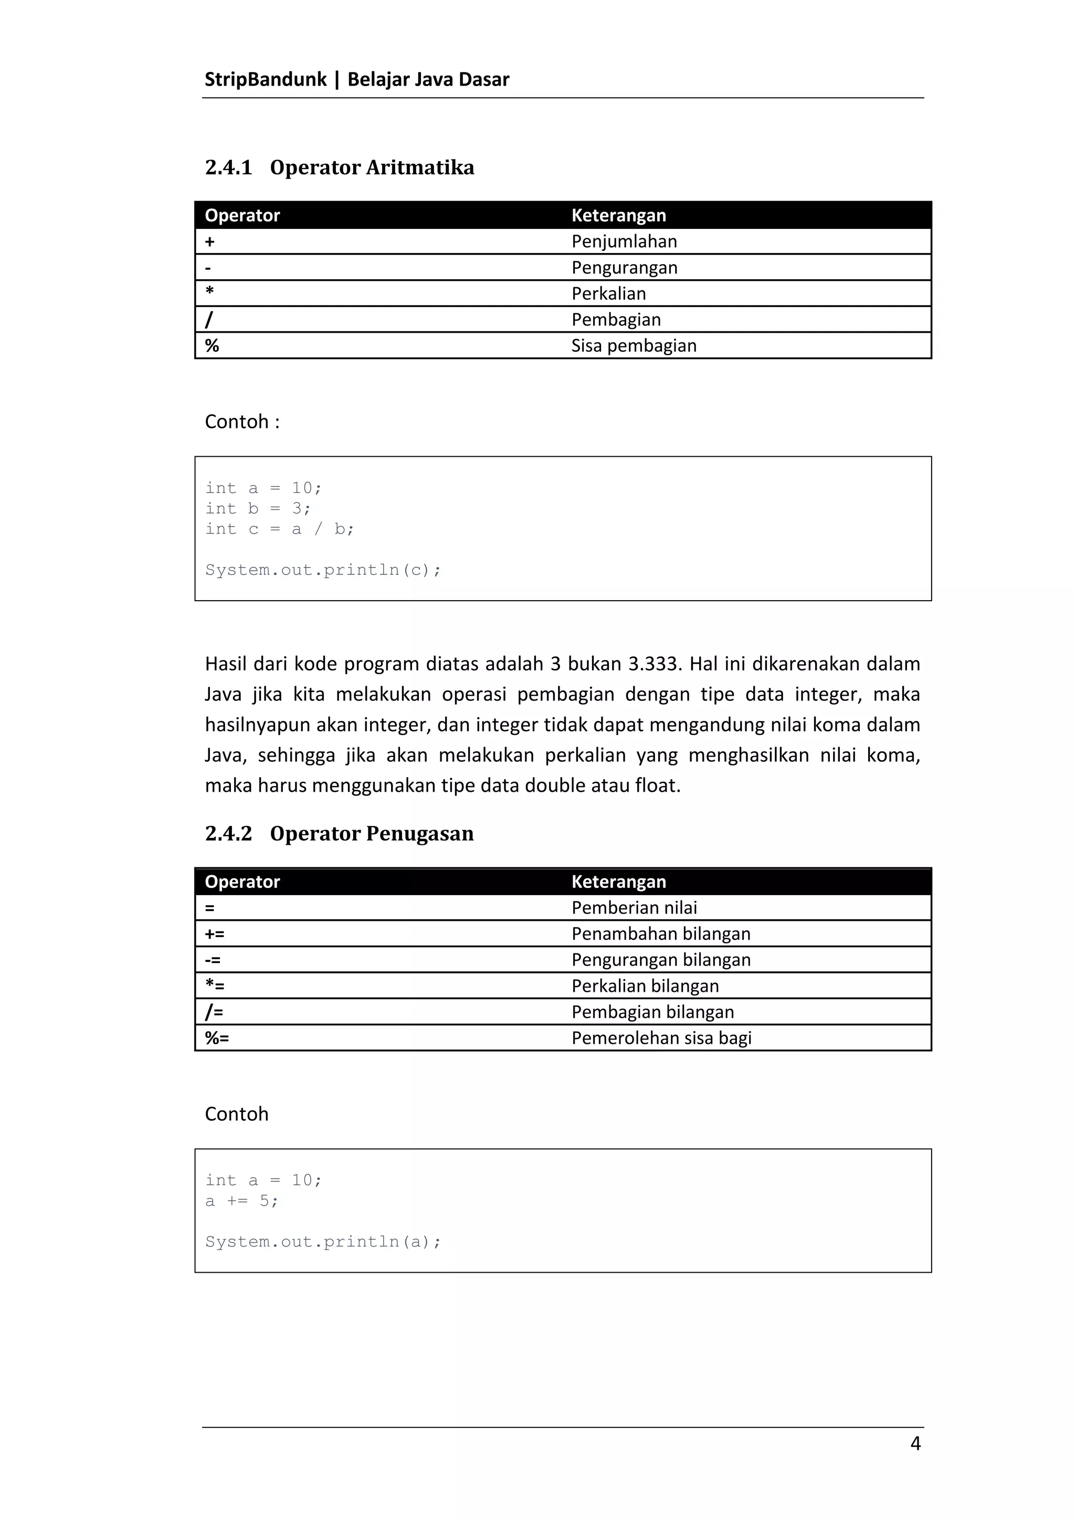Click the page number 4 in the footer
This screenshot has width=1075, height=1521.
click(915, 1443)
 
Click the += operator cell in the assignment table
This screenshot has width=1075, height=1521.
click(215, 933)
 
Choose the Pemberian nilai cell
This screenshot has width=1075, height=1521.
click(634, 908)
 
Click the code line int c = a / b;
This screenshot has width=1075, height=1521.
click(280, 529)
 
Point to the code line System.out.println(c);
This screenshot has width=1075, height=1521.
click(323, 570)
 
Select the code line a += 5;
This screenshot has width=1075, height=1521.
click(242, 1201)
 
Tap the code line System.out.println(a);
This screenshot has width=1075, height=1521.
click(323, 1242)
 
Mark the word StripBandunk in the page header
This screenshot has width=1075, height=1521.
click(266, 79)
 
